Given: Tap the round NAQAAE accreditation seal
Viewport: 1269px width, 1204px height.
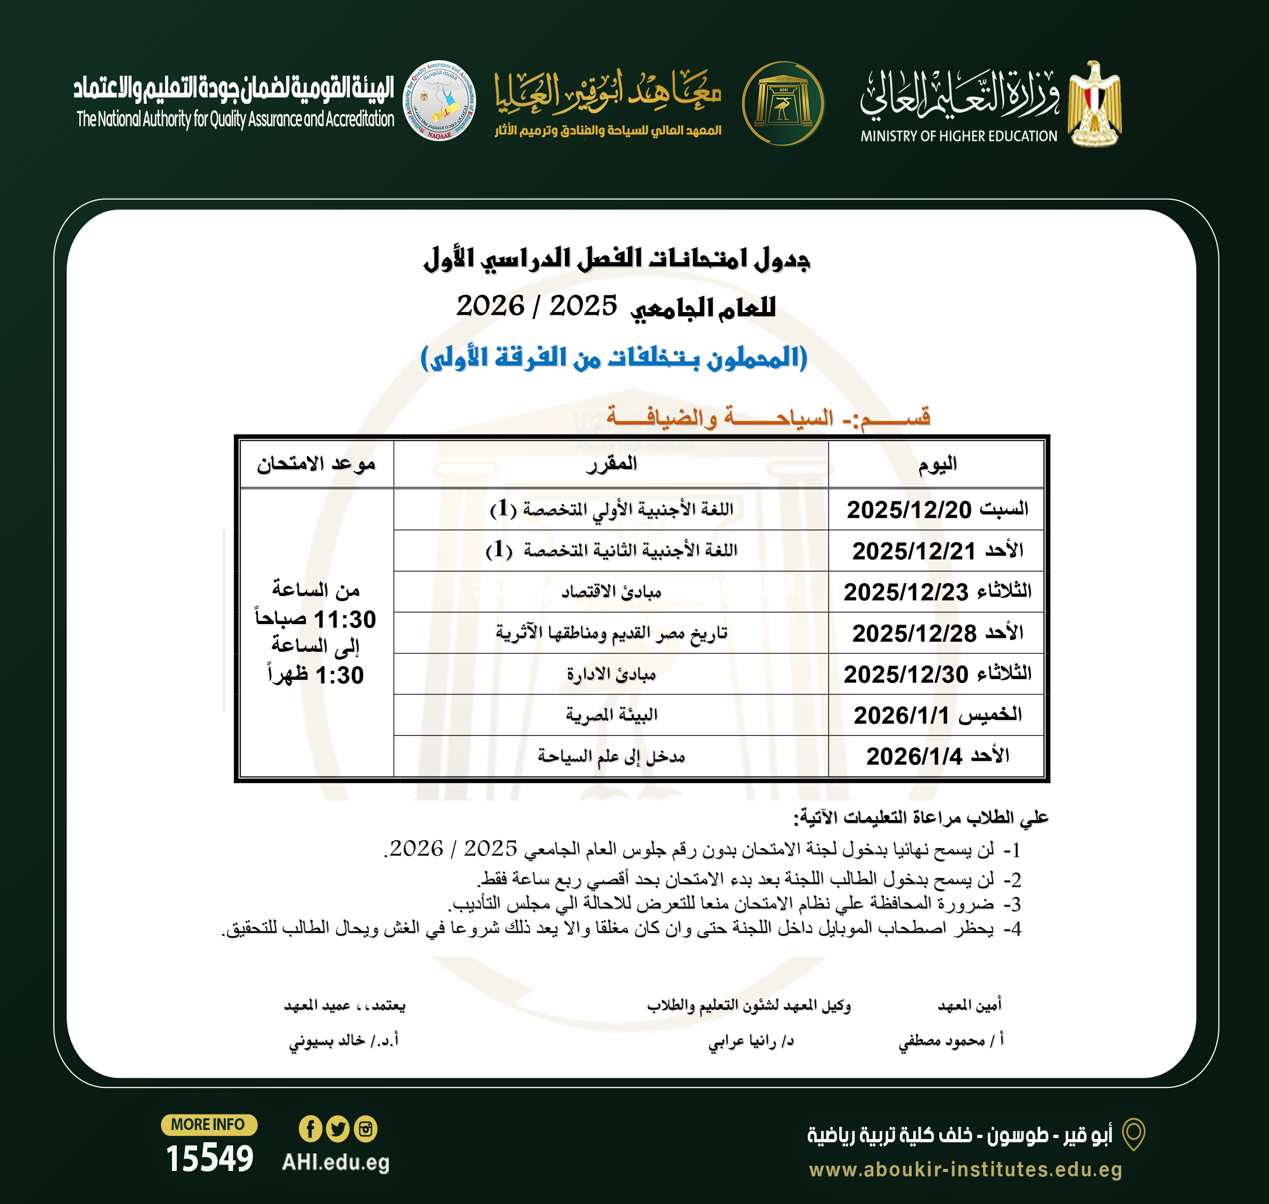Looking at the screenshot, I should pos(439,101).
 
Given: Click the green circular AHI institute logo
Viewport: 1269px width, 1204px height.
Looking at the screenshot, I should pos(782,103).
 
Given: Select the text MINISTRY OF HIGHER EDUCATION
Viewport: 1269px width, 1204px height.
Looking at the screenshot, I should pos(959,136).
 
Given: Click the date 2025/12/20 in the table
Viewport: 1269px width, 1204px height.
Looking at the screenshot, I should pos(909,510).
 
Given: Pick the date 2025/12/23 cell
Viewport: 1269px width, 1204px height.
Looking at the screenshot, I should pos(906,592).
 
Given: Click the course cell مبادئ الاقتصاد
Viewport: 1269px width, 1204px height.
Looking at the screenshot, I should pos(611,592).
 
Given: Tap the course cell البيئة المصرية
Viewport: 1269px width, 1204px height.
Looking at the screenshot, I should pos(611,715).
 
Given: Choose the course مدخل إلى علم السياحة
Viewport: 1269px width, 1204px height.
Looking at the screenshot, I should pos(611,757).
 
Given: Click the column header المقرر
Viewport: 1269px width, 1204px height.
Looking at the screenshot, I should pos(611,463).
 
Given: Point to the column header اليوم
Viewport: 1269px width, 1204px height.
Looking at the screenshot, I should pos(937,463).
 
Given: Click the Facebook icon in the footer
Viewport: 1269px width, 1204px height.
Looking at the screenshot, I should pos(310,1129).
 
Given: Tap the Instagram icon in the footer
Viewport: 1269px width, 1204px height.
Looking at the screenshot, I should pos(366,1129).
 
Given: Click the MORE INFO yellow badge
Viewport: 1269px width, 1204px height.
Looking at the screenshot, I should pos(208,1125).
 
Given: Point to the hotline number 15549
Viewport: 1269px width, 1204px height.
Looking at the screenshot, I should pos(209,1159).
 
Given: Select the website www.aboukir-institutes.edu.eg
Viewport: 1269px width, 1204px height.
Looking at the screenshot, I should pos(965,1169).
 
